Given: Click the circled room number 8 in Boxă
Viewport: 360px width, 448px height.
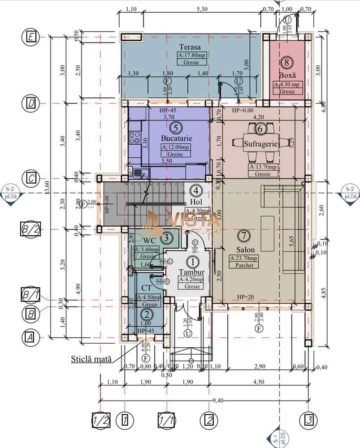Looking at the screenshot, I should (x=286, y=62).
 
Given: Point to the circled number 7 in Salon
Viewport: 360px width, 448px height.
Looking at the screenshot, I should (x=243, y=235).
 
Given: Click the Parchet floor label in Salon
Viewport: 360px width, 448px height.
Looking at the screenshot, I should (x=243, y=265).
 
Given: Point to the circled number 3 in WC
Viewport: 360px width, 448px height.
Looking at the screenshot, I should (x=166, y=237).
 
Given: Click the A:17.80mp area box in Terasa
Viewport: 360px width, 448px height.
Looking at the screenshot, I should (x=190, y=56).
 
